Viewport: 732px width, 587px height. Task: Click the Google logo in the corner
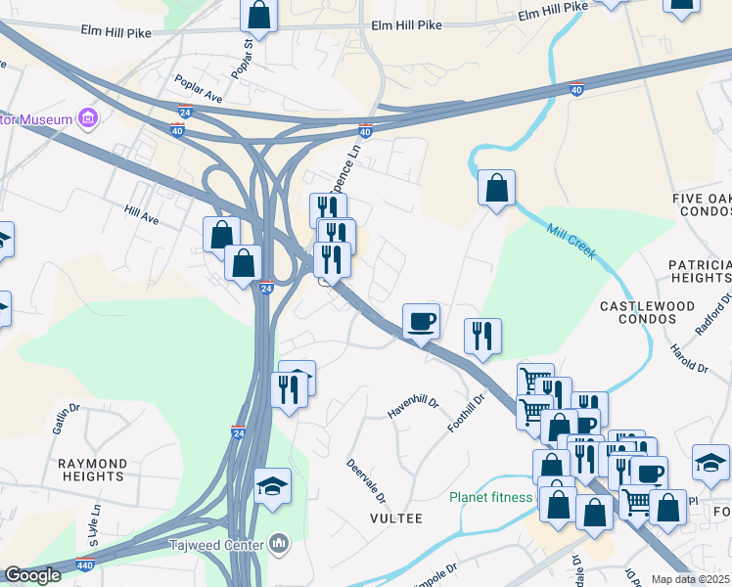click(x=31, y=575)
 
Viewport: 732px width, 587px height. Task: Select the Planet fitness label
click(x=491, y=497)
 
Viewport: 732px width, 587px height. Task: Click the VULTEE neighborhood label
click(x=395, y=519)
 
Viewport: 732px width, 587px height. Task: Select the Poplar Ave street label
click(x=198, y=89)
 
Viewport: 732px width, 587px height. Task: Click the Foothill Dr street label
click(x=467, y=414)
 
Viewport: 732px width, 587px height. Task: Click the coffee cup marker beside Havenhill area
click(x=421, y=321)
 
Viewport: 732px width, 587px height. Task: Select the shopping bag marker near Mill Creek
click(x=496, y=187)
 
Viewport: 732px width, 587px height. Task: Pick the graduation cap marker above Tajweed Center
click(x=272, y=486)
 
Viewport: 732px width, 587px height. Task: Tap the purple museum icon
click(x=88, y=119)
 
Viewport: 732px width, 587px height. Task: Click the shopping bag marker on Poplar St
click(x=258, y=14)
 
